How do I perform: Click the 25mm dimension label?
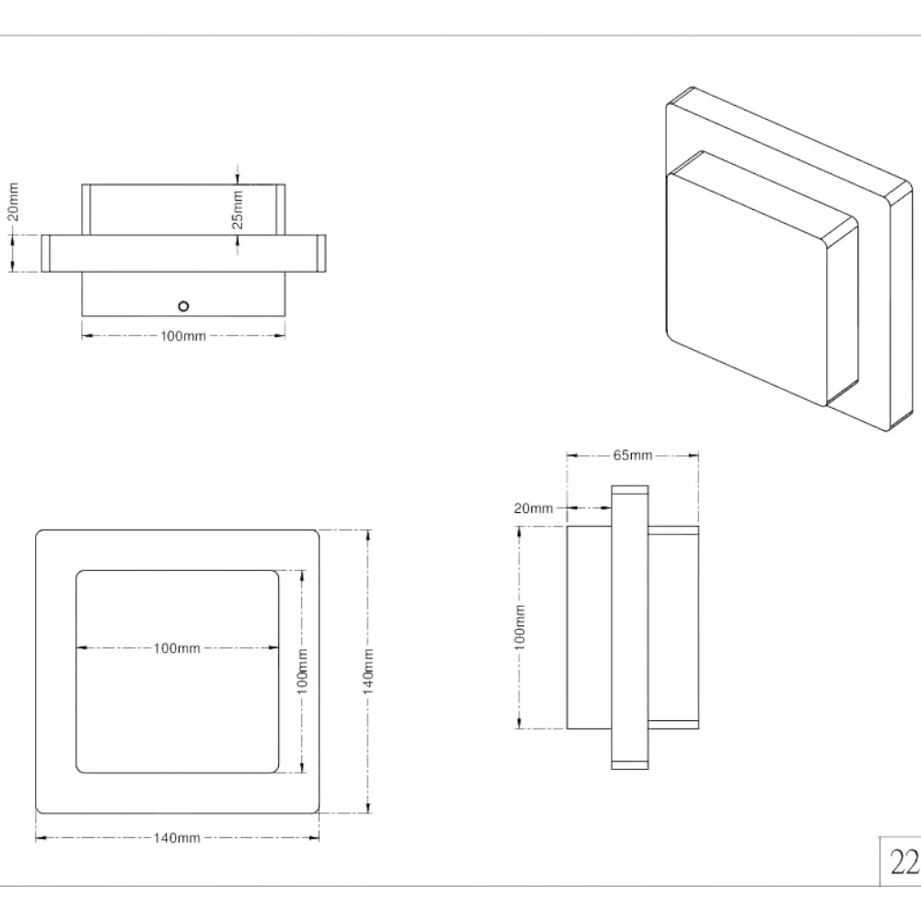pos(237,209)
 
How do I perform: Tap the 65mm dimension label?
pos(633,455)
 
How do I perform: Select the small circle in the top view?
pos(183,306)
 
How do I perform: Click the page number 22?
pos(904,863)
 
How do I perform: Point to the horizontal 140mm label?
pos(177,837)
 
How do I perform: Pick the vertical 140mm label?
pos(368,671)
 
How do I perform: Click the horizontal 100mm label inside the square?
pos(177,647)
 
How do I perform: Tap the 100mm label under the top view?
pos(183,336)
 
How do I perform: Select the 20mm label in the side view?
pos(533,508)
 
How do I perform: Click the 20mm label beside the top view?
pos(13,202)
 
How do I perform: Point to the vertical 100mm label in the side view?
pos(519,627)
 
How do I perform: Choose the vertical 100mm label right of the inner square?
pos(302,671)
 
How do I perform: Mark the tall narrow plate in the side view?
pos(630,627)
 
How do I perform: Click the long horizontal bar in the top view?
pos(183,253)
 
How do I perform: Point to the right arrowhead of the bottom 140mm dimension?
pos(314,837)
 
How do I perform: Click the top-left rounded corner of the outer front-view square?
pos(39,533)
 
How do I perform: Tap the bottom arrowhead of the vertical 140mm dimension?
pos(368,809)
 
